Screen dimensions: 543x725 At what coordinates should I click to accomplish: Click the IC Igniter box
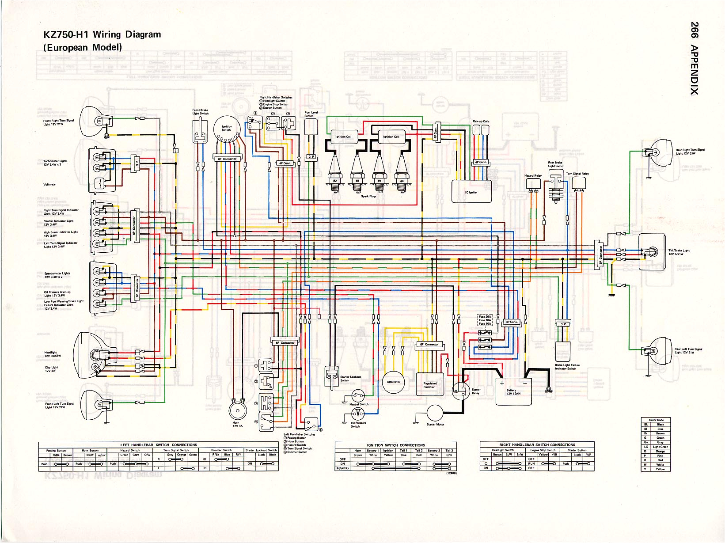click(x=471, y=192)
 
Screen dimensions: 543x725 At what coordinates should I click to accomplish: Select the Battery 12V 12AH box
click(x=513, y=391)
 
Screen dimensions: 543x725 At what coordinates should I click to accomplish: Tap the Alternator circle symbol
click(x=393, y=382)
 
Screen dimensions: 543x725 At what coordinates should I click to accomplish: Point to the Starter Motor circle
click(x=435, y=413)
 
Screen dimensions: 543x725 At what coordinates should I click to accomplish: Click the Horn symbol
click(x=237, y=410)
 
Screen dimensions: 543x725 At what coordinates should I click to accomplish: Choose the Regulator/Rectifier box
click(x=430, y=385)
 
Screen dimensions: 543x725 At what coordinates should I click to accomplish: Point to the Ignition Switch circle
click(x=226, y=129)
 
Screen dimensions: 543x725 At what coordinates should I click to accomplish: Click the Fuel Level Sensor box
click(x=311, y=127)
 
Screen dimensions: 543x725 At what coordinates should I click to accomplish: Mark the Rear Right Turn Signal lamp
click(x=656, y=152)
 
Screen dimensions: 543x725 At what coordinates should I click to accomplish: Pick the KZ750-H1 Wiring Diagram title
click(x=102, y=34)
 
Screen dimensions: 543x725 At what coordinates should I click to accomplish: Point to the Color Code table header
click(x=656, y=420)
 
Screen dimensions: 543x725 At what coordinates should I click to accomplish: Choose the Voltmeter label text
click(x=50, y=184)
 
